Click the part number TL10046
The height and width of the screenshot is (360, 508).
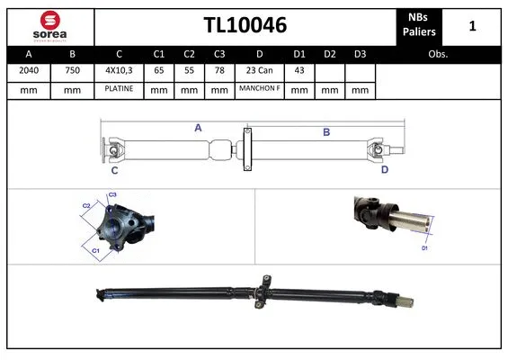coord(245,25)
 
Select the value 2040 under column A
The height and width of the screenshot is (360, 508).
coord(29,70)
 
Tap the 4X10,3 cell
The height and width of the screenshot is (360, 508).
coord(119,70)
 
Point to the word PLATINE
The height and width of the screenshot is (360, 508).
coord(119,90)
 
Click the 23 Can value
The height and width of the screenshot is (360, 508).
coord(259,70)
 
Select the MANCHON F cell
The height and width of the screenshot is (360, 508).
coord(259,90)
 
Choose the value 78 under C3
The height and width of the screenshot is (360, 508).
coord(218,70)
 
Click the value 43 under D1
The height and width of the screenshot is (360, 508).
coord(300,70)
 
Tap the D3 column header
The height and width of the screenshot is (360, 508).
coord(360,53)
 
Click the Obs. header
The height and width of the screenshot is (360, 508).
coord(439,53)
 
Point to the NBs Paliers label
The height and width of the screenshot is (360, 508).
coord(422,25)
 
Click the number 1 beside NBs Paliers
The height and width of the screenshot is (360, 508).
coord(473,26)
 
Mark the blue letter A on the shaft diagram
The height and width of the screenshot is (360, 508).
coord(198,128)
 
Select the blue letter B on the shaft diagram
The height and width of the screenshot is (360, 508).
coord(326,131)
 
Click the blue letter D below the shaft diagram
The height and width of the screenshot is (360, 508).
coord(384,169)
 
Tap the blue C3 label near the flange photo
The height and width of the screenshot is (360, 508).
coord(113,194)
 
